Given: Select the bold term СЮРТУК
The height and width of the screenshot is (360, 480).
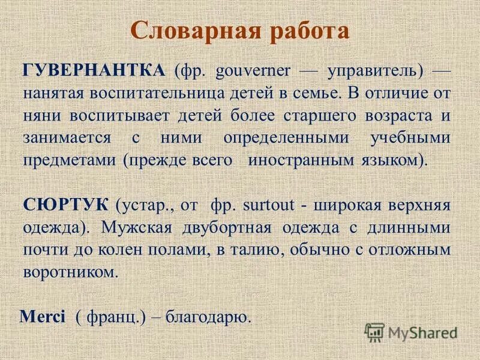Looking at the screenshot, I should click(x=67, y=203).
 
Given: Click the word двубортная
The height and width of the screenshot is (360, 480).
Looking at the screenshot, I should click(x=222, y=227).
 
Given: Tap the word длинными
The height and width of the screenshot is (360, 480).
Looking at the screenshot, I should click(x=409, y=227).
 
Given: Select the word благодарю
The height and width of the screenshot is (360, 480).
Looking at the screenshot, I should click(x=207, y=316).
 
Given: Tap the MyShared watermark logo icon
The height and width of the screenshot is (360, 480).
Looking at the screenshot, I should click(x=375, y=332).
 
